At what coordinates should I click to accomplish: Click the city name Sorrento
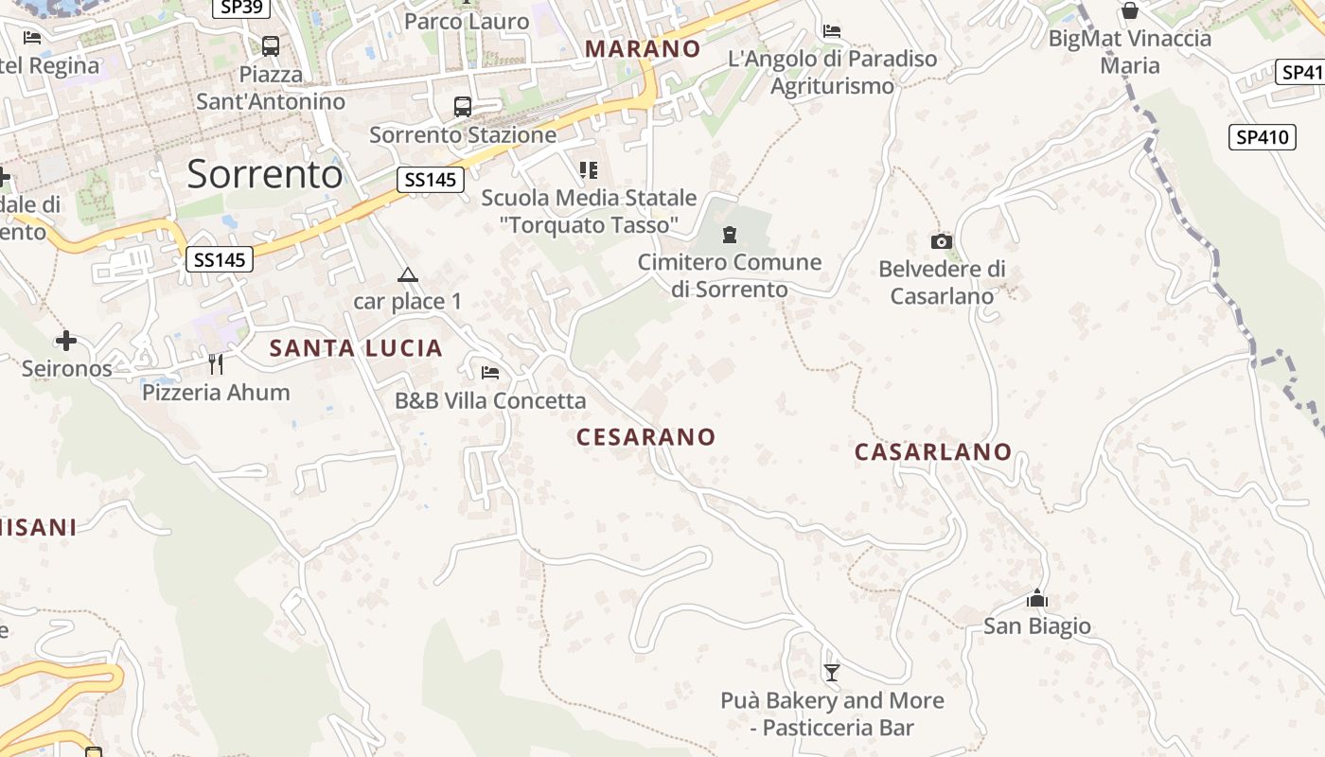(265, 174)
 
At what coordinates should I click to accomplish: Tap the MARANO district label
(643, 48)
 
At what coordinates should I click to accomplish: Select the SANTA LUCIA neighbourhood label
(356, 348)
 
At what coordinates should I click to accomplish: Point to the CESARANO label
(646, 437)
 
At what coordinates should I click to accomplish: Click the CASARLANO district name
(933, 452)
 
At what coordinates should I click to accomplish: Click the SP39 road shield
(241, 8)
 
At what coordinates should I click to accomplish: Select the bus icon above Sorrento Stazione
(463, 107)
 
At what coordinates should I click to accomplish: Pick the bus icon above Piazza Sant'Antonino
(271, 45)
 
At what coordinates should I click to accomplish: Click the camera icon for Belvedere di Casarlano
(941, 242)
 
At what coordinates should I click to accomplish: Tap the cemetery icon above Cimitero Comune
(730, 234)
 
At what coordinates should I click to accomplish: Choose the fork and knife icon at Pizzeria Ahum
(216, 364)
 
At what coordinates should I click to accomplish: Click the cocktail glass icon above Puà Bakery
(832, 673)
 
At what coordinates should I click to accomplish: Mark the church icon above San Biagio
(1037, 599)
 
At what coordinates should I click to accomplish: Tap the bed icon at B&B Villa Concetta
(490, 373)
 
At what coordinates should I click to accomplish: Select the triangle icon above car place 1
(408, 275)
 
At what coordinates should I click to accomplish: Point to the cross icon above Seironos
(66, 341)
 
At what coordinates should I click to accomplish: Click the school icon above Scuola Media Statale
(589, 170)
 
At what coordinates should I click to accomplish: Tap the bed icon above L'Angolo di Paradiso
(832, 31)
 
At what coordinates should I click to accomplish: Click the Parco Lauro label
(467, 21)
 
